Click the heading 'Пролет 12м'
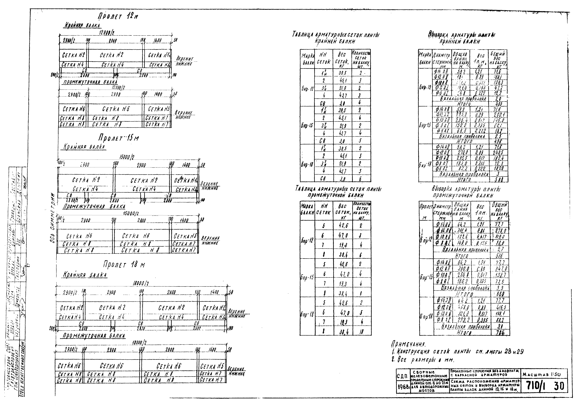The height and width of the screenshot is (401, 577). coord(118,17)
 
